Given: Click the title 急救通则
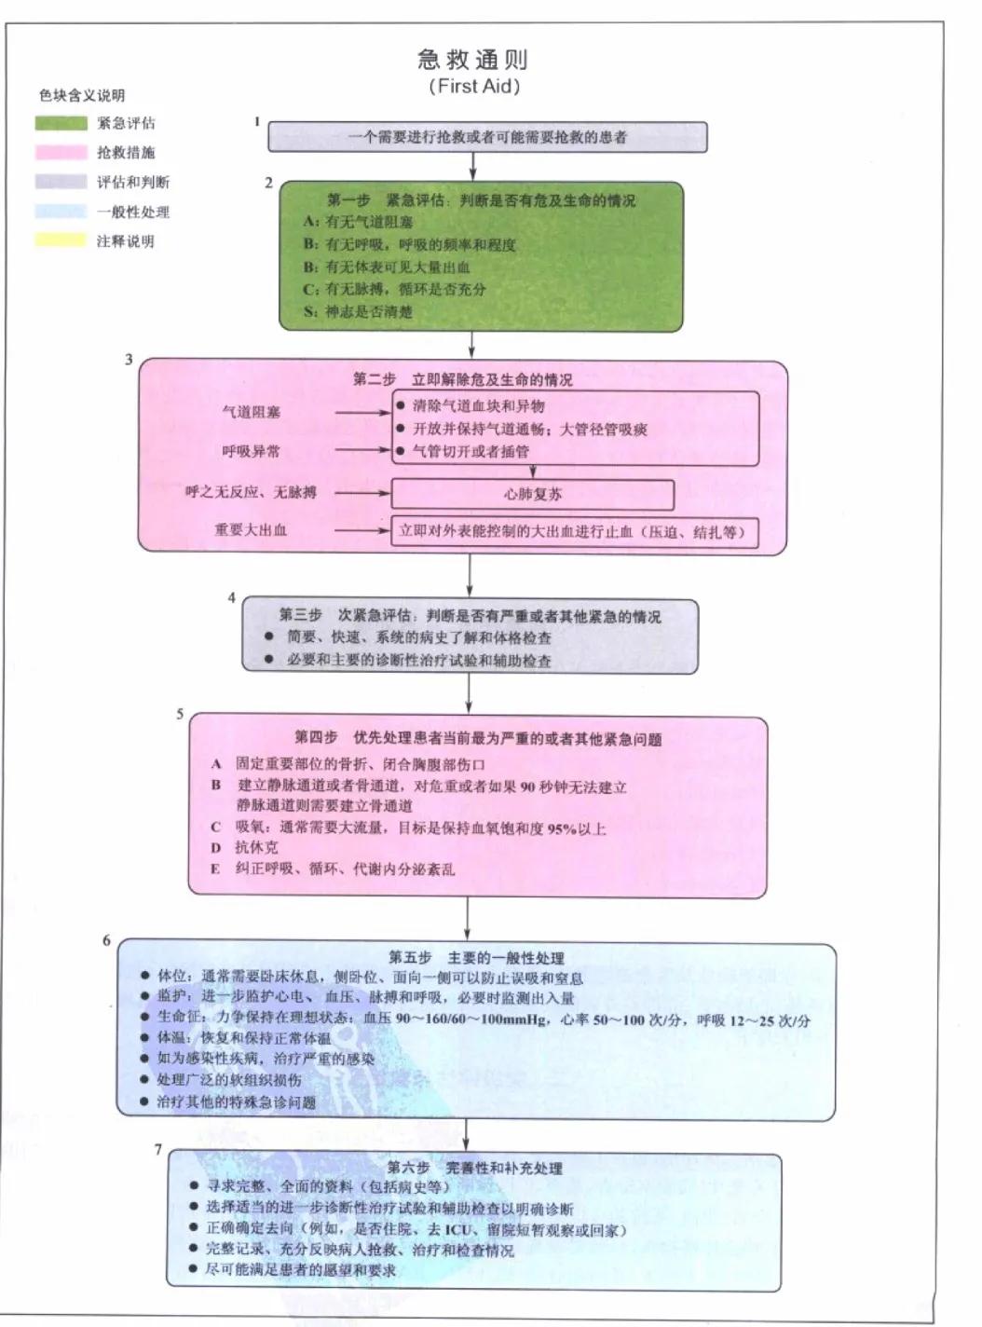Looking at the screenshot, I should pyautogui.click(x=473, y=61).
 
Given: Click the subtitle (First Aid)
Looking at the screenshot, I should pyautogui.click(x=473, y=87).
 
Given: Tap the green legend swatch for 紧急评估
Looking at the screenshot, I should pyautogui.click(x=61, y=123).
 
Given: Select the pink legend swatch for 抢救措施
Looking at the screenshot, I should pyautogui.click(x=61, y=152).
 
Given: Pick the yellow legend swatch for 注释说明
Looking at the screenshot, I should pyautogui.click(x=61, y=240).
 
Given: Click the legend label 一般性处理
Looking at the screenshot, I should pyautogui.click(x=133, y=212).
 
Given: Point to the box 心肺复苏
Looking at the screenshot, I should pyautogui.click(x=532, y=494).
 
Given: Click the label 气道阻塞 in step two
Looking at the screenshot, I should pyautogui.click(x=251, y=411).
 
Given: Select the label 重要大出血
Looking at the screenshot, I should pyautogui.click(x=251, y=530).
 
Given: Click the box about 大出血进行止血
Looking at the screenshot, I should pyautogui.click(x=573, y=531).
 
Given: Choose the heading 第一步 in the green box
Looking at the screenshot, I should pyautogui.click(x=348, y=200).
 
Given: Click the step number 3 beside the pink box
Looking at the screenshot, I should pyautogui.click(x=129, y=360).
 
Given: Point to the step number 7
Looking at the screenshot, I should pyautogui.click(x=158, y=1149).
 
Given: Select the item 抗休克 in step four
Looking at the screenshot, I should pyautogui.click(x=256, y=847).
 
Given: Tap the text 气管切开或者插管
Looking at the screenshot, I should pyautogui.click(x=471, y=451).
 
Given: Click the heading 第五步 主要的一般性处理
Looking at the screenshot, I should pyautogui.click(x=476, y=957).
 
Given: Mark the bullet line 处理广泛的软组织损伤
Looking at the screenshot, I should pyautogui.click(x=228, y=1079).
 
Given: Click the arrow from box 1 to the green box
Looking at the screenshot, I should pyautogui.click(x=473, y=166).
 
